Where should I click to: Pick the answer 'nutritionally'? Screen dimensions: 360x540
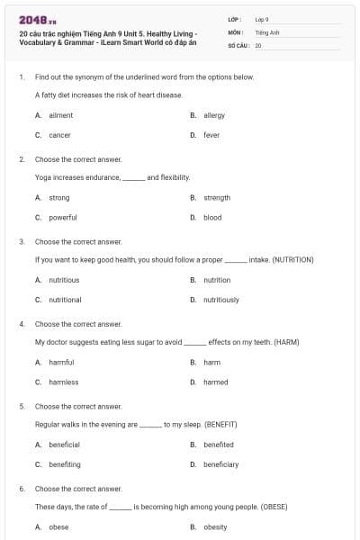point(221,300)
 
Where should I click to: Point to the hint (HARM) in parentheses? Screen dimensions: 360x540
point(283,342)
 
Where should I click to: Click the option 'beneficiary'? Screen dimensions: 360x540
point(220,464)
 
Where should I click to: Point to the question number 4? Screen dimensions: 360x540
point(22,323)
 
